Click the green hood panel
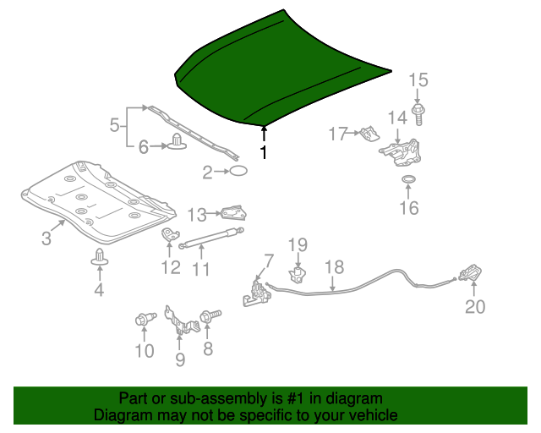click(279, 72)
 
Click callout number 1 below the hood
click(264, 153)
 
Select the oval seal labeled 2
click(239, 173)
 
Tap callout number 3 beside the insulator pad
click(46, 238)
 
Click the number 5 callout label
click(115, 126)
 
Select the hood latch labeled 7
click(258, 293)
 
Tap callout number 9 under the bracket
click(179, 360)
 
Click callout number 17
click(338, 133)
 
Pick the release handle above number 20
click(470, 274)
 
